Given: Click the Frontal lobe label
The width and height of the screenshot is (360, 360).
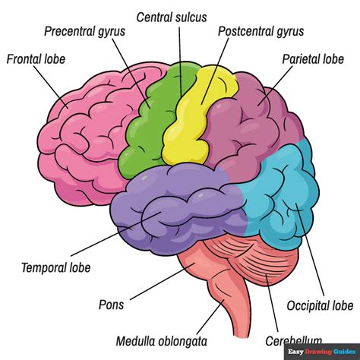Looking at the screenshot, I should click(35, 58).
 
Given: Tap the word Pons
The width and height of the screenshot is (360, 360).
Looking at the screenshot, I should click(111, 305).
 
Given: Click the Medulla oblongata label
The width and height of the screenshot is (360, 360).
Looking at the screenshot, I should click(161, 340).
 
